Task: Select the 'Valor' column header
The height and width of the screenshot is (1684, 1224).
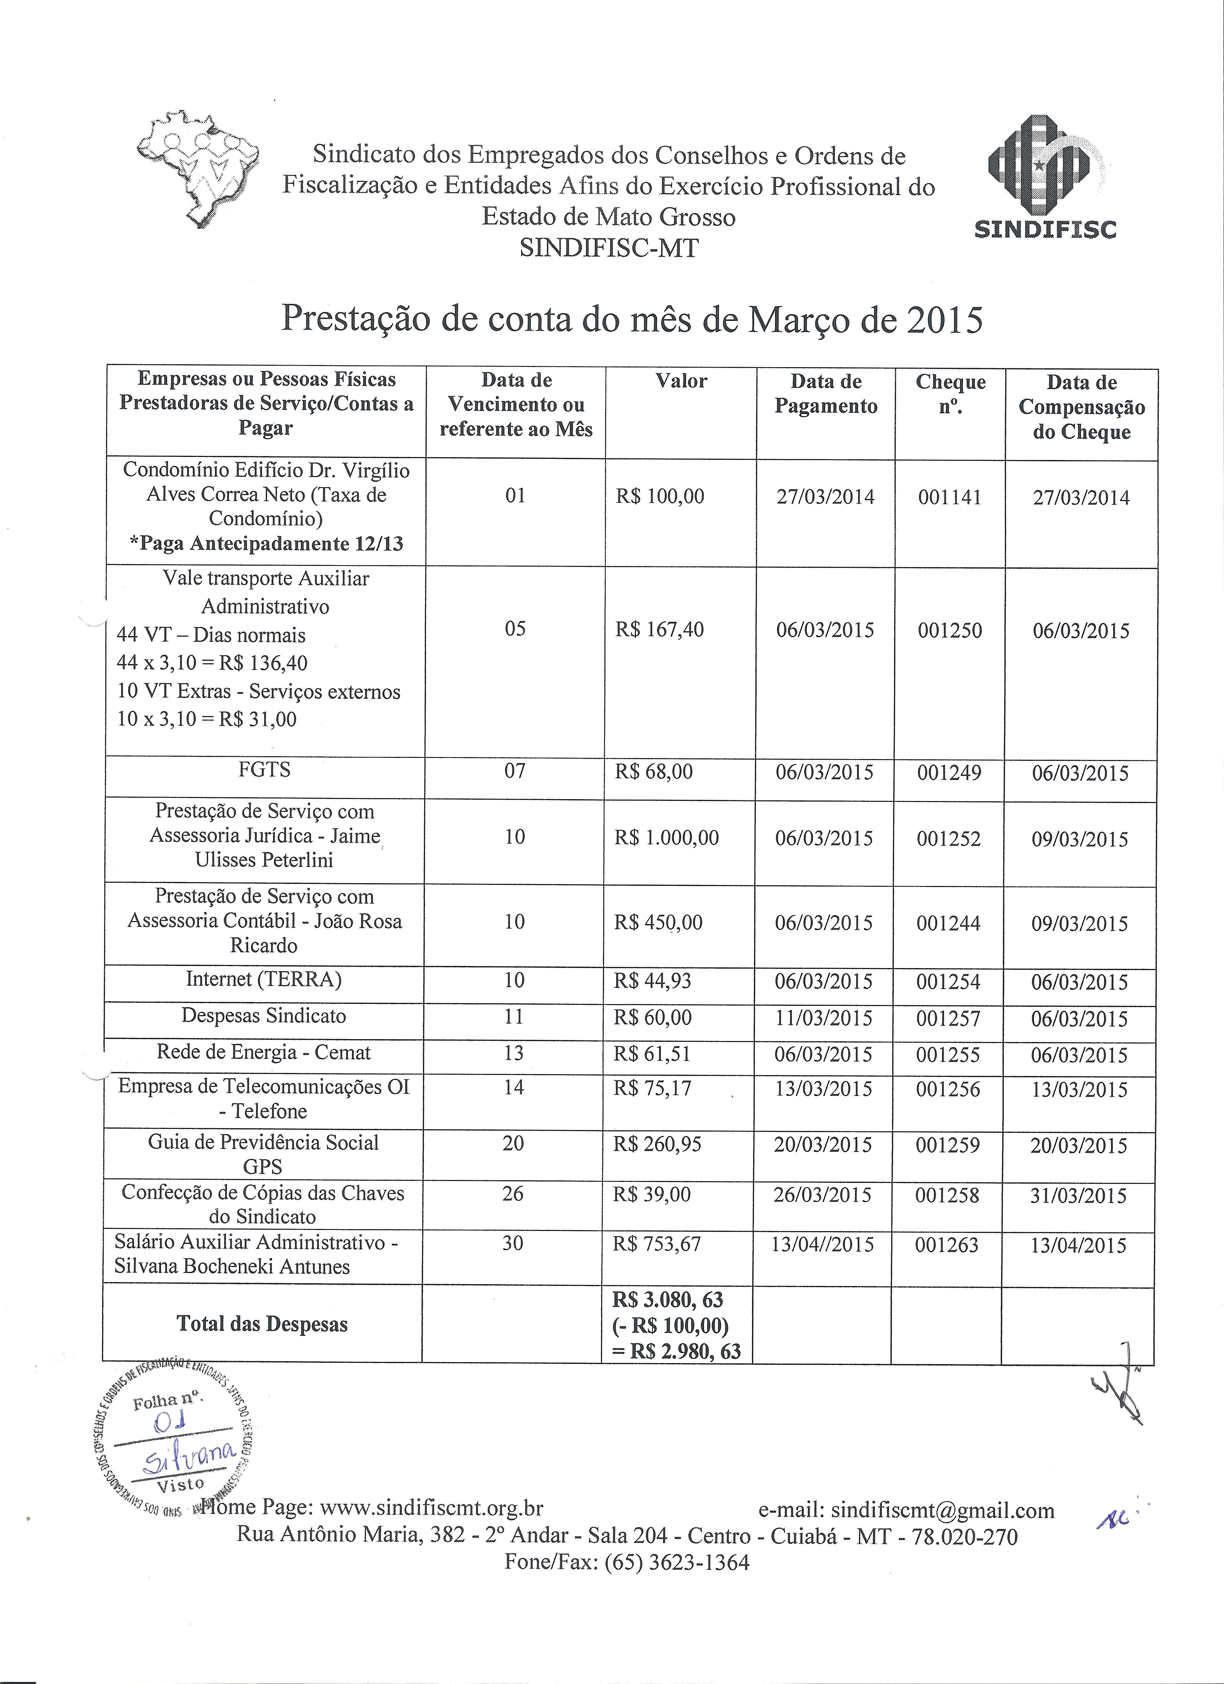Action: [681, 382]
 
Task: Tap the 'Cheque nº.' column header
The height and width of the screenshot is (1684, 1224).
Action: [950, 394]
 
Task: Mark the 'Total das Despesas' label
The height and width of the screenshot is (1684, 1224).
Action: [262, 1324]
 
